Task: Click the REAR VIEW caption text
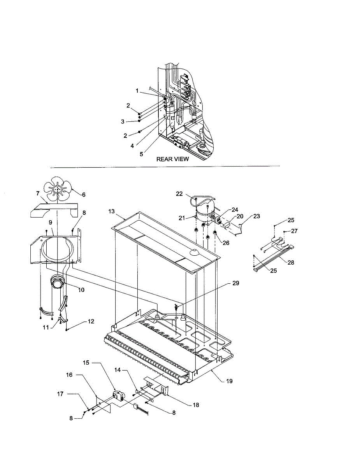pyautogui.click(x=172, y=159)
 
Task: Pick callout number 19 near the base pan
pyautogui.click(x=229, y=381)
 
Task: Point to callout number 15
pyautogui.click(x=86, y=363)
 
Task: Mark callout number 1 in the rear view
pyautogui.click(x=137, y=91)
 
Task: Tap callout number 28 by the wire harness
pyautogui.click(x=291, y=263)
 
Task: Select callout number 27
pyautogui.click(x=294, y=231)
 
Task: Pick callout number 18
pyautogui.click(x=196, y=405)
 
